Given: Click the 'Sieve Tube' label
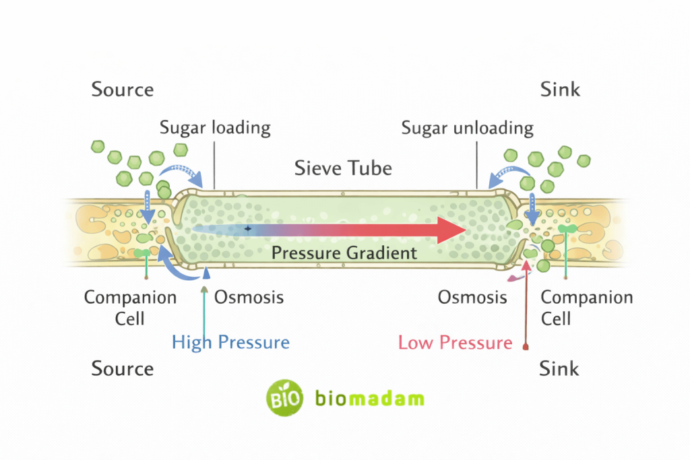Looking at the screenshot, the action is coord(343,168).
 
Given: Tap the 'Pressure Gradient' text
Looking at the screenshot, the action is coord(344,253).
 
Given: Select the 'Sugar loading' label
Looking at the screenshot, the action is coord(215,127).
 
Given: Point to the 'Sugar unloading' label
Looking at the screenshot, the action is coord(467,127).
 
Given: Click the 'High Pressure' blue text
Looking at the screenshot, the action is coord(230,342).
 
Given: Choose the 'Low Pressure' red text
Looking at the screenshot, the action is coord(455,342).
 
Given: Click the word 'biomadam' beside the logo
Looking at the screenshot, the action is coord(370,398).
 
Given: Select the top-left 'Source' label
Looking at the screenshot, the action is coord(123,90).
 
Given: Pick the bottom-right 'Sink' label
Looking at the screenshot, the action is coord(559,368).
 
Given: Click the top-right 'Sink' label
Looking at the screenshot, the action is coord(560,90).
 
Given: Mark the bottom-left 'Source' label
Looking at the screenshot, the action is coord(123,368).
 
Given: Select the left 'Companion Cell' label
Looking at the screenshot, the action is coord(130,307).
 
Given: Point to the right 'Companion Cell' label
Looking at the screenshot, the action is coord(587,307).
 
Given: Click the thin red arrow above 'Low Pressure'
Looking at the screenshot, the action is coord(526,303).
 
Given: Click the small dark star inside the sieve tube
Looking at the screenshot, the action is coord(247,229).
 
